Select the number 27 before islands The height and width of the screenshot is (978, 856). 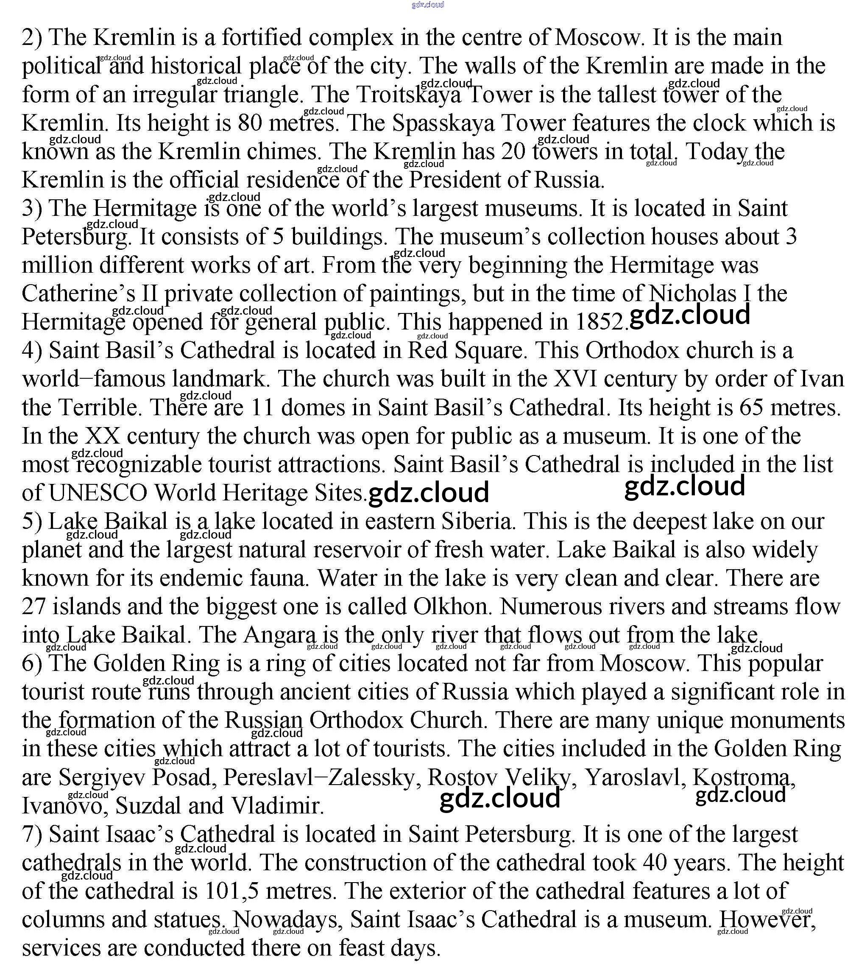point(33,607)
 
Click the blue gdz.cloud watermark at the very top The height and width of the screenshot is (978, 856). point(427,5)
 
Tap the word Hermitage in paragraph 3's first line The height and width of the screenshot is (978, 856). point(144,208)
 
